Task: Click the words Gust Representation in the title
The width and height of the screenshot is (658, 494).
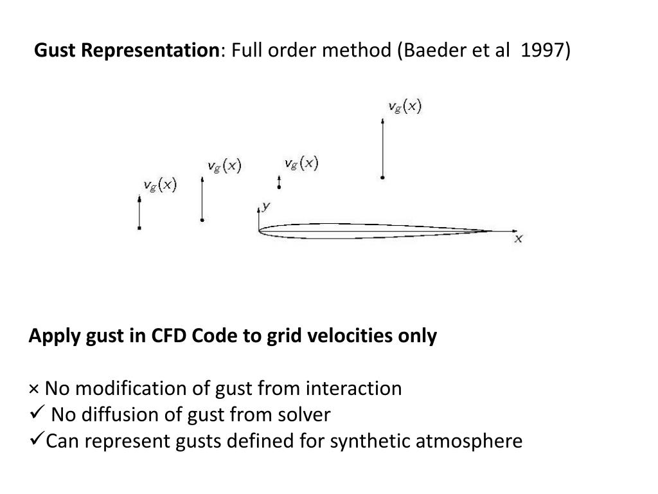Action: [127, 50]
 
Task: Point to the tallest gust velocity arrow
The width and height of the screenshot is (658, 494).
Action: [383, 148]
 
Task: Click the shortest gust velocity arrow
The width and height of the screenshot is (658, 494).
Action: [279, 182]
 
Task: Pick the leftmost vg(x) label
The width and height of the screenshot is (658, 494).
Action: [159, 185]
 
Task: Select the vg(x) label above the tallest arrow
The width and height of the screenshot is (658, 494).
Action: [405, 107]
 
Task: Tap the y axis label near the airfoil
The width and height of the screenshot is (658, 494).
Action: [265, 205]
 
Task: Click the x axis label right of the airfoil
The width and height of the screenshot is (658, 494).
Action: [519, 239]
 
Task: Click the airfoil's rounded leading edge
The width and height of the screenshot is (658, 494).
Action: [260, 230]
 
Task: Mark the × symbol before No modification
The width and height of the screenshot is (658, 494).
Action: [34, 389]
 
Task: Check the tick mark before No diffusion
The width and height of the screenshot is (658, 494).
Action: [37, 413]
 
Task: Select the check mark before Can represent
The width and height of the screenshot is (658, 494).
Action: [37, 440]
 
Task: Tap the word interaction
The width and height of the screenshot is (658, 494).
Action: [353, 389]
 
